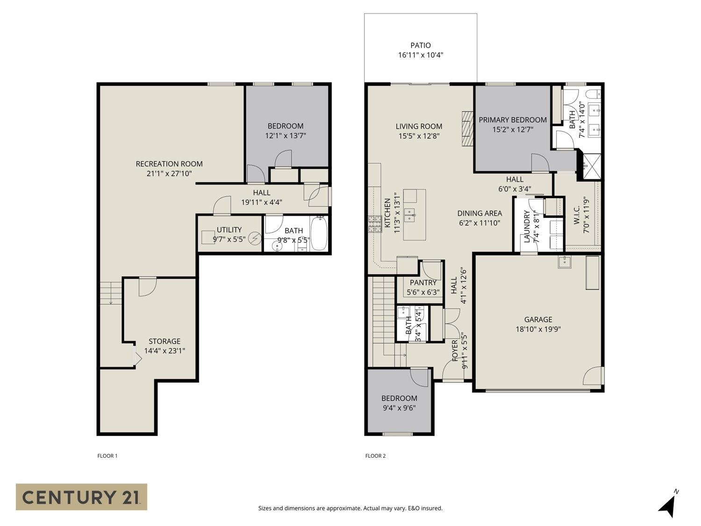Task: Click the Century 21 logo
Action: pos(81,497)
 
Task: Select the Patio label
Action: pos(420,45)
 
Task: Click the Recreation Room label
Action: pos(169,164)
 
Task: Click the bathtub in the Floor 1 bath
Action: pos(319,233)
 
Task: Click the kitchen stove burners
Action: pos(375,224)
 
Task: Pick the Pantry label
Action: pos(423,282)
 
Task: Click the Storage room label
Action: pos(165,341)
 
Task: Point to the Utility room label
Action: pos(229,230)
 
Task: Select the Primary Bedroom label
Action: pos(513,120)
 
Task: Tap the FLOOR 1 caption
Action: pos(107,456)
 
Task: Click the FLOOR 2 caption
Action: pos(375,456)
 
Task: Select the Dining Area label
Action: pos(479,213)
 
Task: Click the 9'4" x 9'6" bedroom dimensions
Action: pos(399,408)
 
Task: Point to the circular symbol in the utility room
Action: pos(255,238)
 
